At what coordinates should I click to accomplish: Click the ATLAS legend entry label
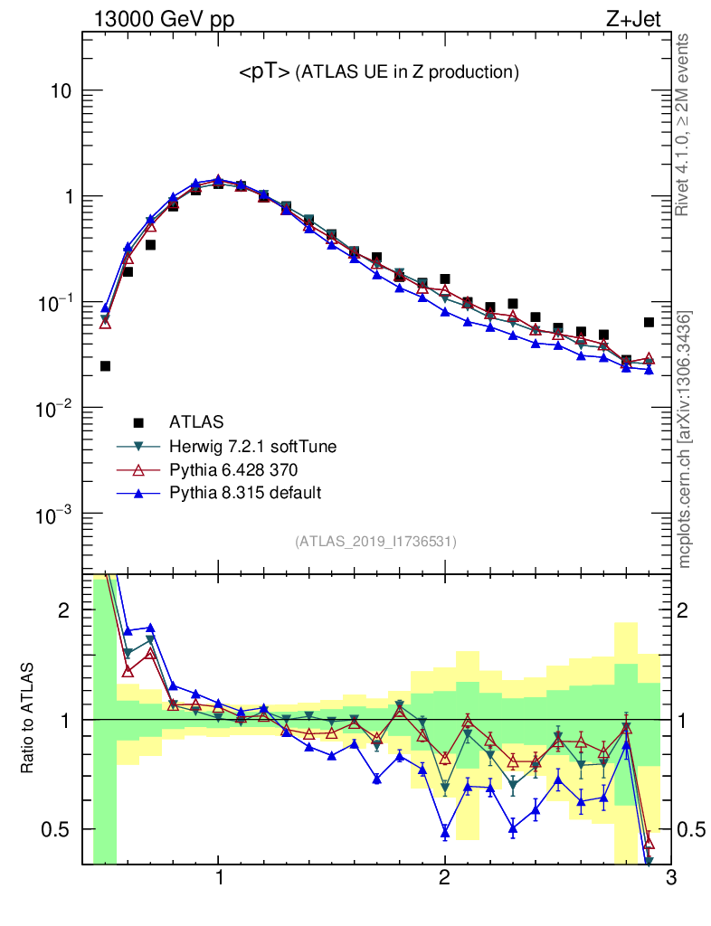tap(196, 421)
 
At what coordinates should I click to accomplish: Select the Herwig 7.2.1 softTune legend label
tap(246, 446)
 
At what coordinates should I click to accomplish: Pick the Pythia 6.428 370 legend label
tap(233, 469)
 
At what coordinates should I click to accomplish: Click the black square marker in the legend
tap(138, 421)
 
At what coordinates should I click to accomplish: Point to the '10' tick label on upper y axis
tap(61, 91)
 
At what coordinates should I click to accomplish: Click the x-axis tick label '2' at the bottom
tap(444, 880)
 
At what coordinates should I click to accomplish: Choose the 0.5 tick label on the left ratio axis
tap(56, 829)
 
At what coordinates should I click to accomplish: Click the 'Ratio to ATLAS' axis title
tap(27, 718)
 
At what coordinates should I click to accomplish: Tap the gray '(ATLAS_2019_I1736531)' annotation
tap(375, 542)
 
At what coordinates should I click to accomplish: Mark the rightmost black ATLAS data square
tap(649, 322)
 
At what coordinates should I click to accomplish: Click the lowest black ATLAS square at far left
tap(105, 366)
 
